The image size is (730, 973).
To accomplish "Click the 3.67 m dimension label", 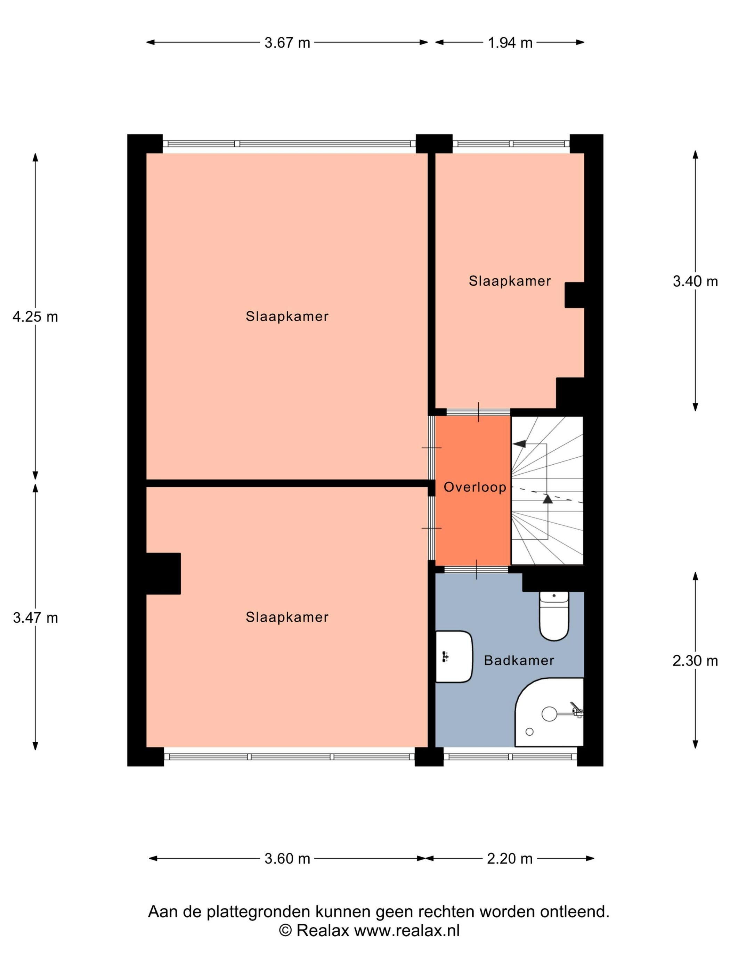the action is point(287,43).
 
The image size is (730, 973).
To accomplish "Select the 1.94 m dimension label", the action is point(510,43).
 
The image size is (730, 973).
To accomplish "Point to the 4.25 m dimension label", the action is point(35,316).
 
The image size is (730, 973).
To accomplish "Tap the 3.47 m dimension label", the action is point(35,618).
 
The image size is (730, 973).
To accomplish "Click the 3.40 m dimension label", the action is point(695,281).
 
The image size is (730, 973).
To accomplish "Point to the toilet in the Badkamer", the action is point(554,616).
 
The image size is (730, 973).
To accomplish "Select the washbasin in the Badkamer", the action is point(454,657).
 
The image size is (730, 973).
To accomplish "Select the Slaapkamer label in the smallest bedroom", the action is point(510,281).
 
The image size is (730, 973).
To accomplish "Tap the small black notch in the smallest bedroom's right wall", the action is point(574,295).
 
